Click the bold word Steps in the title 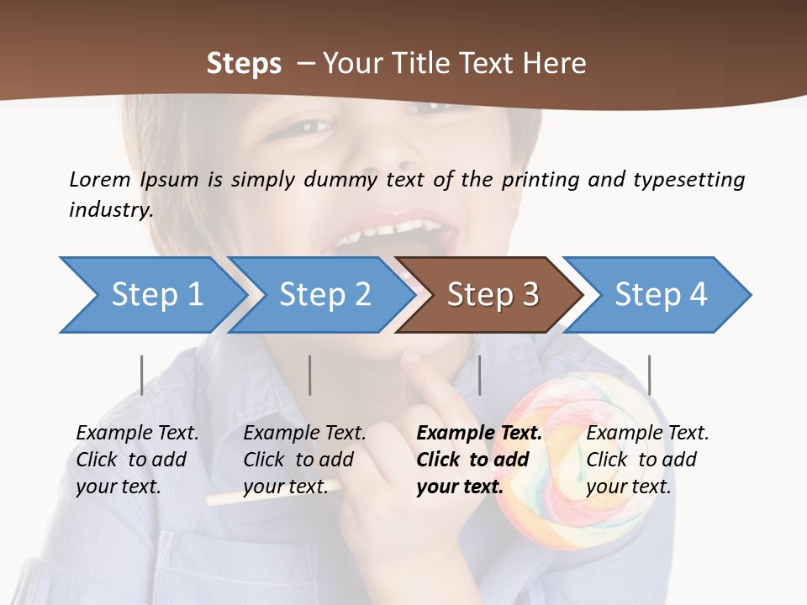244,64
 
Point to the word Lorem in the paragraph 99,180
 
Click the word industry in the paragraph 110,210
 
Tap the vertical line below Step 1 141,375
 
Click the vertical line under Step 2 310,375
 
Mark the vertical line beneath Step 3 479,375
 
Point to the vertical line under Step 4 649,375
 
